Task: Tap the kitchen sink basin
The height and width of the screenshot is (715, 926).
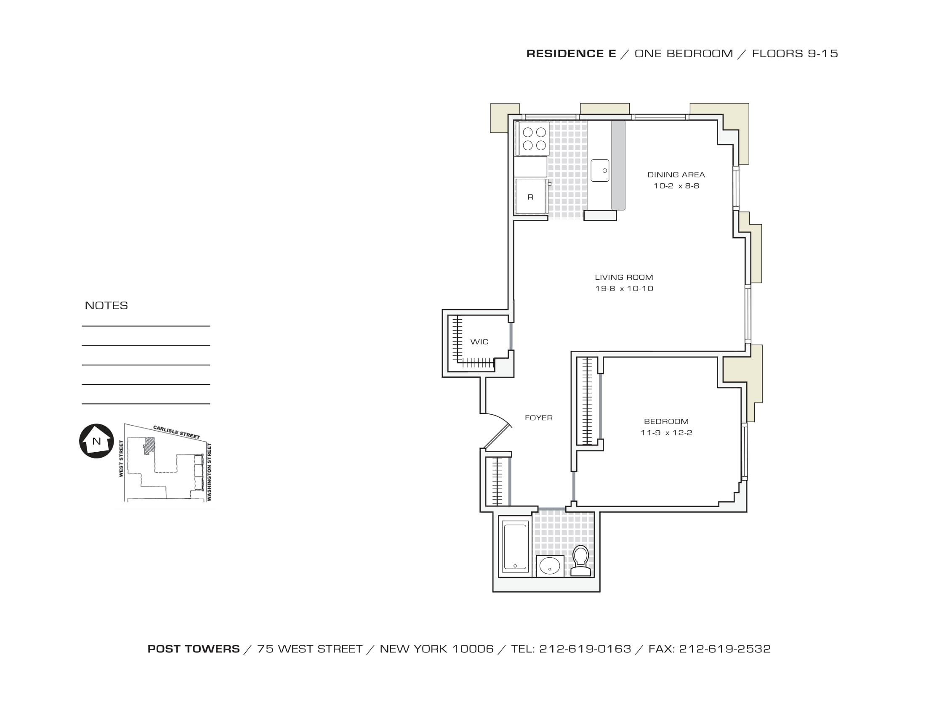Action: [599, 171]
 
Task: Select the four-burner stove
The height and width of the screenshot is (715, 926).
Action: [534, 139]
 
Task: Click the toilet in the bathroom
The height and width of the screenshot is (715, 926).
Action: [580, 561]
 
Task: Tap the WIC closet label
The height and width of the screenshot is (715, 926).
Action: [479, 342]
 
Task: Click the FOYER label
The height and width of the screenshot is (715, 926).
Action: [538, 418]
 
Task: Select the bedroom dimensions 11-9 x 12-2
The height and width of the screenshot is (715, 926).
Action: [666, 432]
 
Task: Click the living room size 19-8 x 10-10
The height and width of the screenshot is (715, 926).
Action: [624, 289]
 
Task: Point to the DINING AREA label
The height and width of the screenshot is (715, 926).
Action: [676, 175]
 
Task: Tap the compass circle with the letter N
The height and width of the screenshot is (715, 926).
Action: [97, 441]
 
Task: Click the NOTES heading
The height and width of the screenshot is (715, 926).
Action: [106, 305]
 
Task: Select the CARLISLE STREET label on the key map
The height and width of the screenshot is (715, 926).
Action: [176, 432]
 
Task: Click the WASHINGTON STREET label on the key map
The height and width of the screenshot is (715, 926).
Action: [209, 472]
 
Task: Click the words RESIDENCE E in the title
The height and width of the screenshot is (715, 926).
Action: [571, 54]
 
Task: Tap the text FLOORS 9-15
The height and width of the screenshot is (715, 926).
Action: [795, 54]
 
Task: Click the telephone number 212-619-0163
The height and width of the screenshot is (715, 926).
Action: [585, 649]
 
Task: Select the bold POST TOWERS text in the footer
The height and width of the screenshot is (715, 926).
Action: [193, 649]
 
